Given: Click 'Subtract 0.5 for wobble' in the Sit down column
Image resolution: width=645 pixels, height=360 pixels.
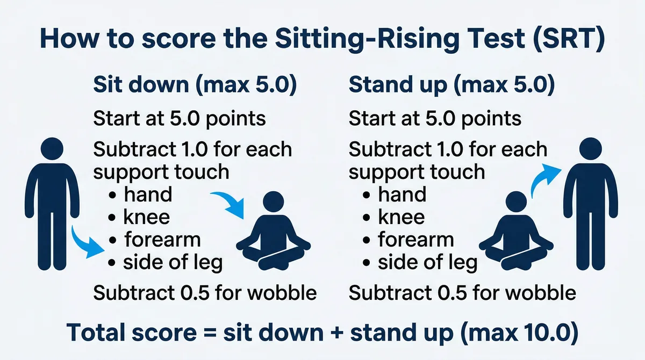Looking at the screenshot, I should pyautogui.click(x=204, y=293).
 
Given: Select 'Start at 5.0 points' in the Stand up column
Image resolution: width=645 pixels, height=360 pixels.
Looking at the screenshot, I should pyautogui.click(x=435, y=118).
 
